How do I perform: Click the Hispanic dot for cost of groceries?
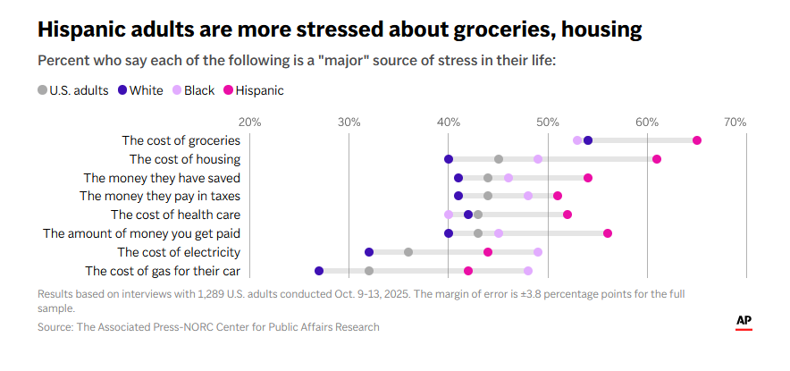point(697,140)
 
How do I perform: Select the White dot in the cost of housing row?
point(449,159)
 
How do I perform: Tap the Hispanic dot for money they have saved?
point(588,178)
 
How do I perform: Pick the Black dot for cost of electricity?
point(538,252)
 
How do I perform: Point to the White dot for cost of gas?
point(319,271)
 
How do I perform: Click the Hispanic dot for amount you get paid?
point(608,233)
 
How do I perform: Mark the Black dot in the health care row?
point(449,215)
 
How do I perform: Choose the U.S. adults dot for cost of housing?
point(499,159)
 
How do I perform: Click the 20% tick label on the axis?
point(249,122)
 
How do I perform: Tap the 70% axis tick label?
point(735,122)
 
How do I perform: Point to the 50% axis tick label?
point(548,122)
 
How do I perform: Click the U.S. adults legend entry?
point(73,89)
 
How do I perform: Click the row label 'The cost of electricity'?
point(179,252)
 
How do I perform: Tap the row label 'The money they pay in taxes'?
point(160,196)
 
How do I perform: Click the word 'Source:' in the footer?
point(55,327)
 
